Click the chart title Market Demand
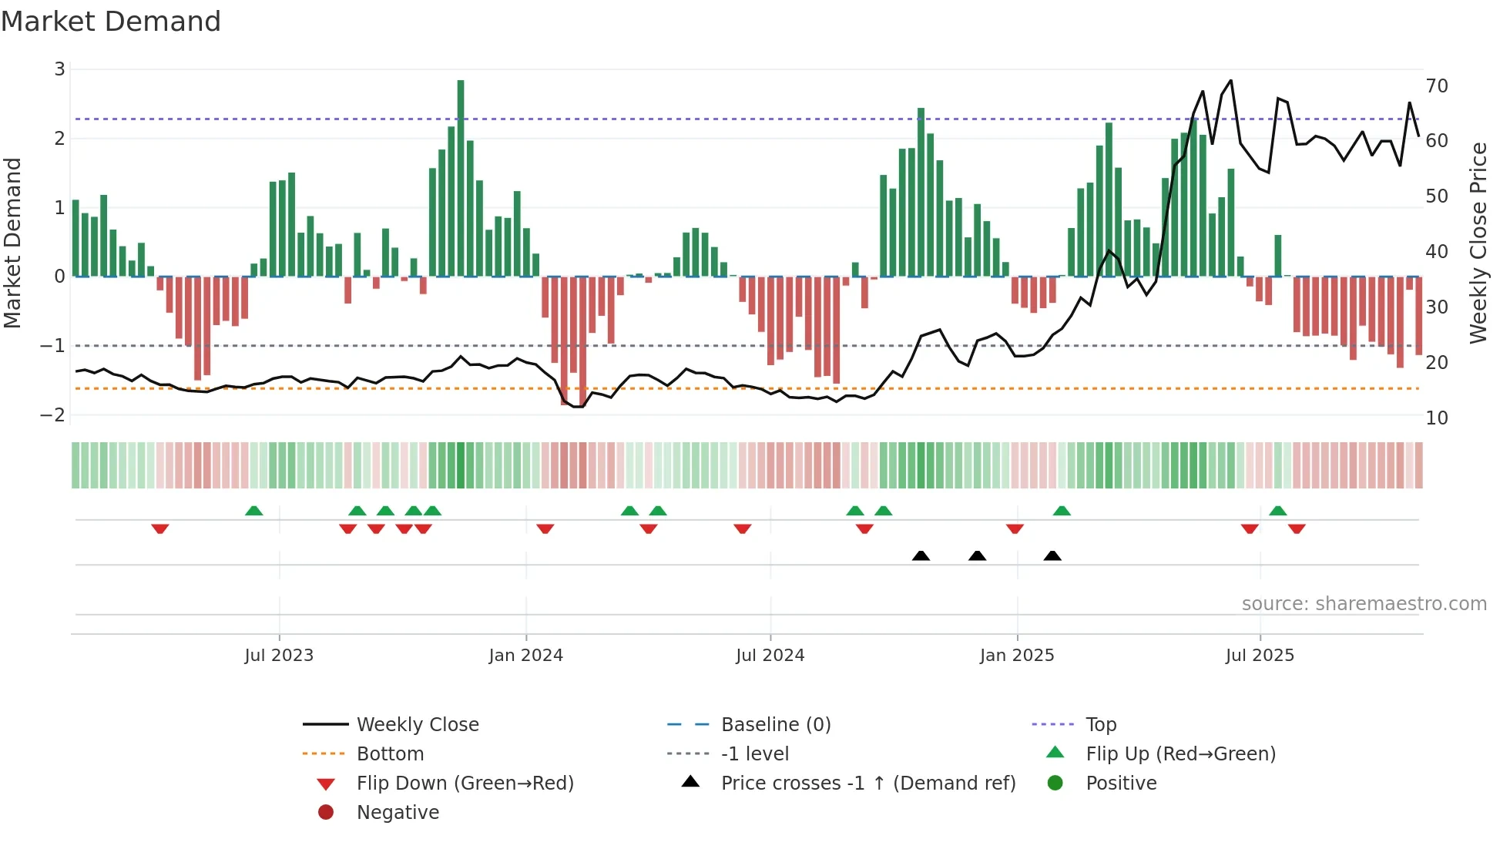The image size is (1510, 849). pos(111,21)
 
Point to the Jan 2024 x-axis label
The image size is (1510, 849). pos(526,656)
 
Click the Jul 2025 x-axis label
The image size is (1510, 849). pos(1260,656)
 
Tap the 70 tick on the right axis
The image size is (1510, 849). pos(1437,86)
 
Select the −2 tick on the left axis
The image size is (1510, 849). pos(52,414)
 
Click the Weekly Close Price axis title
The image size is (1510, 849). pos(1478,243)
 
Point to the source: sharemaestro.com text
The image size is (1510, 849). pos(1364,603)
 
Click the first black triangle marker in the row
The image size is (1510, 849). pos(921,555)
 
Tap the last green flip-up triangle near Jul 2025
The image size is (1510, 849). pos(1278,511)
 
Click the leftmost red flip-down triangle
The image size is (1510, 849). pos(160,529)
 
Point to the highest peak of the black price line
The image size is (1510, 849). pos(1230,81)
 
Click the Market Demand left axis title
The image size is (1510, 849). pos(13,243)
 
